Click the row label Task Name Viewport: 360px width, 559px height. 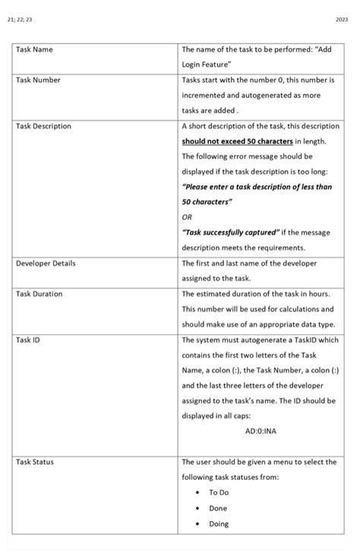pyautogui.click(x=34, y=49)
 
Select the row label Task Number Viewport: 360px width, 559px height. pyautogui.click(x=39, y=80)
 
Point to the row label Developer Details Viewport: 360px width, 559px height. pyautogui.click(x=46, y=264)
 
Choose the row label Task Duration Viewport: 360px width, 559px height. pyautogui.click(x=39, y=294)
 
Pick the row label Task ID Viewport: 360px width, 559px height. pyautogui.click(x=28, y=340)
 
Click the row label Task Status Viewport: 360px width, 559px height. pyautogui.click(x=35, y=462)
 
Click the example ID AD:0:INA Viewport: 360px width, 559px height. pyautogui.click(x=261, y=431)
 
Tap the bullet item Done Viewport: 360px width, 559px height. pyautogui.click(x=218, y=508)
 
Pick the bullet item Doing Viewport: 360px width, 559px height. pyautogui.click(x=219, y=523)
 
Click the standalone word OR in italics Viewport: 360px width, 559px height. pyautogui.click(x=187, y=217)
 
